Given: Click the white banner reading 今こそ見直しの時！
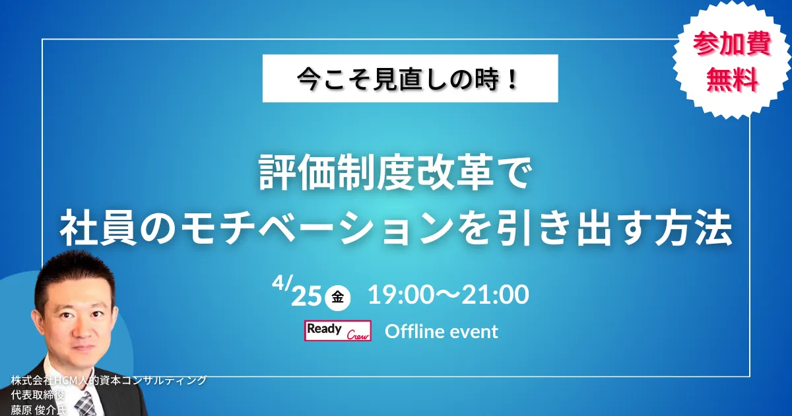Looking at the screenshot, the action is pos(410,78).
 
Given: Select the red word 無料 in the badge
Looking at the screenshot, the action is pos(732,81).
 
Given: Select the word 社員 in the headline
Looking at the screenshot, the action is pos(98,229).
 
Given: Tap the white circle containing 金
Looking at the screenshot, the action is pos(338,298).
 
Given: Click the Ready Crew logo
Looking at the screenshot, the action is pos(338,331).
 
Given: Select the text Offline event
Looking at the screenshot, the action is pos(442,331).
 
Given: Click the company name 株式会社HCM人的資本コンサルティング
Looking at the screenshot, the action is pos(108,380).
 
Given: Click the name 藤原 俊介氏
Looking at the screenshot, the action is pos(39,410).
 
